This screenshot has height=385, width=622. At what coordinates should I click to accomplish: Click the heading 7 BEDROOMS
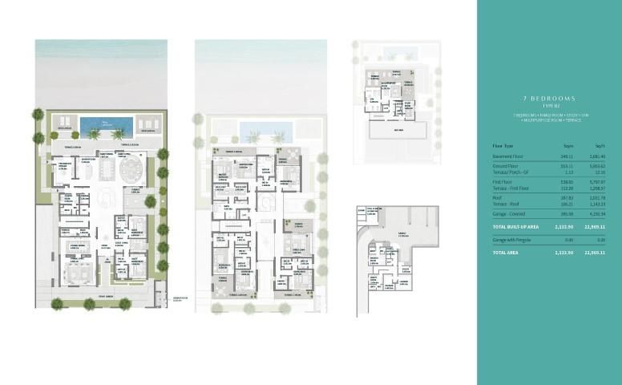pos(547,98)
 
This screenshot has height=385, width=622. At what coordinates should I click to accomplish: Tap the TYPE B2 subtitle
pos(547,106)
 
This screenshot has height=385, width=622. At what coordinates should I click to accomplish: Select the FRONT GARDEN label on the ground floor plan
pos(94,298)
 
